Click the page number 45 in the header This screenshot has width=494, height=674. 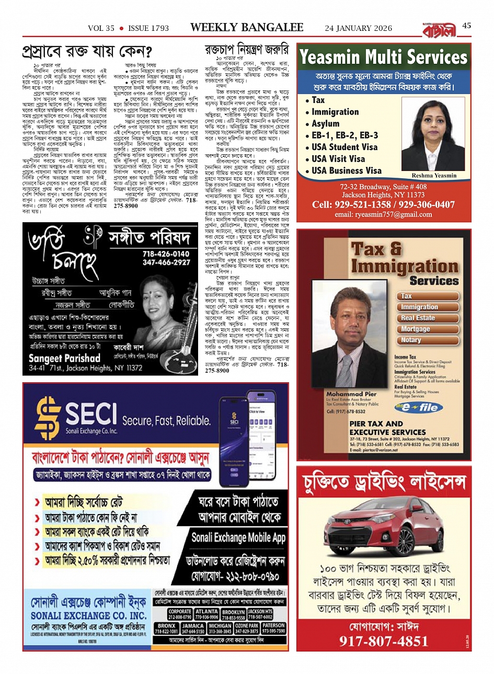coord(467,26)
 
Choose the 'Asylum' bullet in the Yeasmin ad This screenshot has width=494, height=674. coord(325,123)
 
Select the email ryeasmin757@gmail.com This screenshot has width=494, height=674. coord(383,214)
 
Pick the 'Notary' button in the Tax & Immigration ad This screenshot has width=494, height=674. coord(411,340)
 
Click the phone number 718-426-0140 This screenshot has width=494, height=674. coord(166,254)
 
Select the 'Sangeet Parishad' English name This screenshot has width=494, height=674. coord(64,358)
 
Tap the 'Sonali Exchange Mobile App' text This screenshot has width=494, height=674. coord(238,537)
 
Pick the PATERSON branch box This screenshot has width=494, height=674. coord(273,628)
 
